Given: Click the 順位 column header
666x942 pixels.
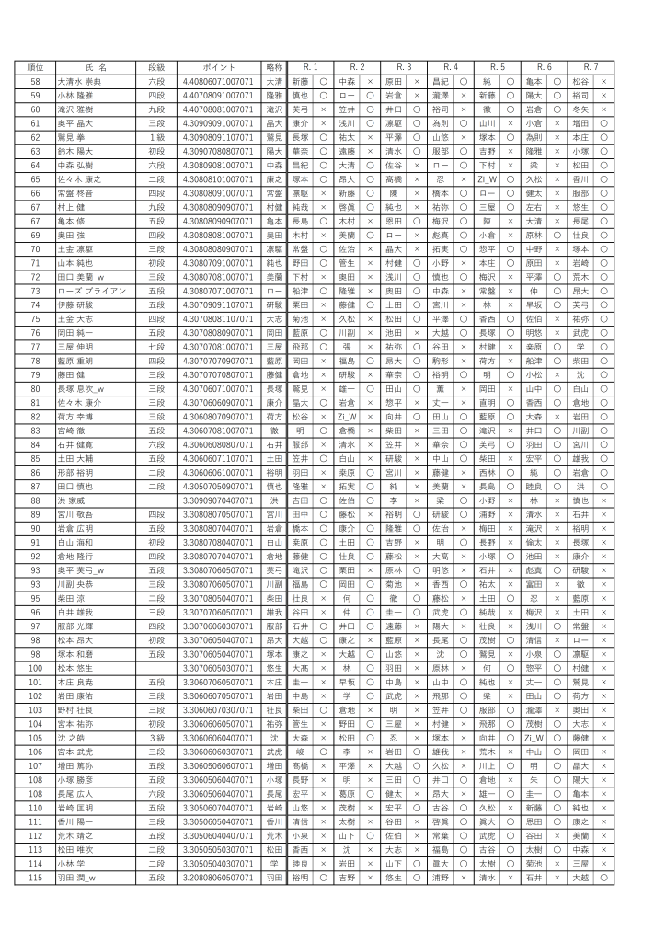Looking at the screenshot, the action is tap(35, 68).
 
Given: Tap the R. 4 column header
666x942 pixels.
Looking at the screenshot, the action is tap(451, 68).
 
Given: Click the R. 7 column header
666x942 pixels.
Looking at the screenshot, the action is tap(591, 68).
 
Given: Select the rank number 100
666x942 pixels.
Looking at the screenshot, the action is tap(35, 668).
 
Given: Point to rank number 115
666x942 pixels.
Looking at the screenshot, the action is tap(35, 877).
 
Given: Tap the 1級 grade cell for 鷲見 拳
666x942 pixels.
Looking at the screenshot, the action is tap(156, 137).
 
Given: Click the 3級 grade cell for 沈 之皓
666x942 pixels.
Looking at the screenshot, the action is tap(156, 738).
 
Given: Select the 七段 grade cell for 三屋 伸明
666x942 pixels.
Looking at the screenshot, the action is tap(156, 347).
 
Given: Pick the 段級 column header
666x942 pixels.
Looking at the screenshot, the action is tap(156, 68).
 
